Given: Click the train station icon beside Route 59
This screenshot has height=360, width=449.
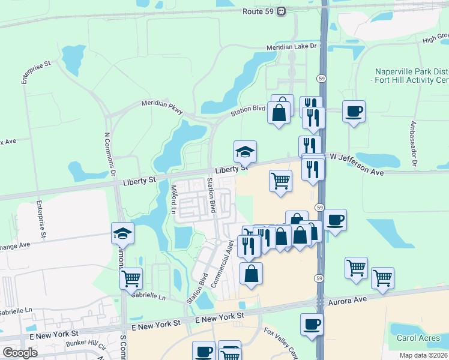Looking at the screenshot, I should pyautogui.click(x=281, y=11).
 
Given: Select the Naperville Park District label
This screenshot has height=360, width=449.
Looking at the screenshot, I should pyautogui.click(x=412, y=71).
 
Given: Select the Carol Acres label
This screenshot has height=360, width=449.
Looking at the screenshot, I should pyautogui.click(x=418, y=338).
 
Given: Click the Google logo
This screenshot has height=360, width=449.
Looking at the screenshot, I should pyautogui.click(x=19, y=353).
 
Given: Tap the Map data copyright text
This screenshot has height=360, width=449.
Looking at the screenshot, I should pyautogui.click(x=424, y=355).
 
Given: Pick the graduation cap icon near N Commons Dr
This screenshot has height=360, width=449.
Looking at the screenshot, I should pyautogui.click(x=122, y=233).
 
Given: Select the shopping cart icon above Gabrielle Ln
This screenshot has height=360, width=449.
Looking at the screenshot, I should pyautogui.click(x=131, y=278).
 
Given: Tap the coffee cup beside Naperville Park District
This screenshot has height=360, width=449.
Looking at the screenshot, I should pyautogui.click(x=354, y=111).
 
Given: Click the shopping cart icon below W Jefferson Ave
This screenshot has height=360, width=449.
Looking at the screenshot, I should pyautogui.click(x=280, y=181).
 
